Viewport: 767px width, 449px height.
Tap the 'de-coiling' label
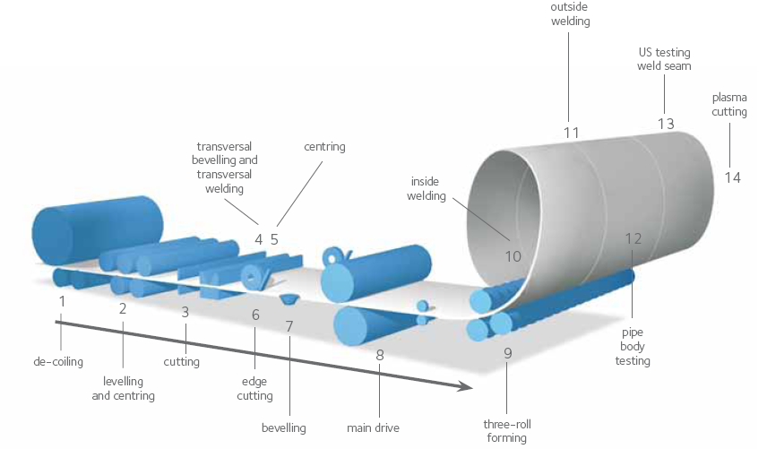[58, 363]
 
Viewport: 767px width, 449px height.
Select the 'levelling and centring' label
[123, 389]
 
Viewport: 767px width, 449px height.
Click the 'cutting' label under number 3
[182, 362]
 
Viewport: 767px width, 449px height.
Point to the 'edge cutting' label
[255, 389]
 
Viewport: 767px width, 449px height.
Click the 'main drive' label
[373, 428]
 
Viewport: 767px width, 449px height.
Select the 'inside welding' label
[427, 189]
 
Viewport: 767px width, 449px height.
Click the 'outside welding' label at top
[570, 14]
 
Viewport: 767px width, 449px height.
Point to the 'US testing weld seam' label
[664, 59]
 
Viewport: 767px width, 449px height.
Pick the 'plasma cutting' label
[728, 104]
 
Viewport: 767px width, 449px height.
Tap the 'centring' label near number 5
[324, 146]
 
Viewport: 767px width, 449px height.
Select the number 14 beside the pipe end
[733, 177]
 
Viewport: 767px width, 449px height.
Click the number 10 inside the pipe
[513, 255]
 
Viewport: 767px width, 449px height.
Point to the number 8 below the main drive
[380, 355]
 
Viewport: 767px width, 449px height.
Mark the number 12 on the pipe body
[633, 239]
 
